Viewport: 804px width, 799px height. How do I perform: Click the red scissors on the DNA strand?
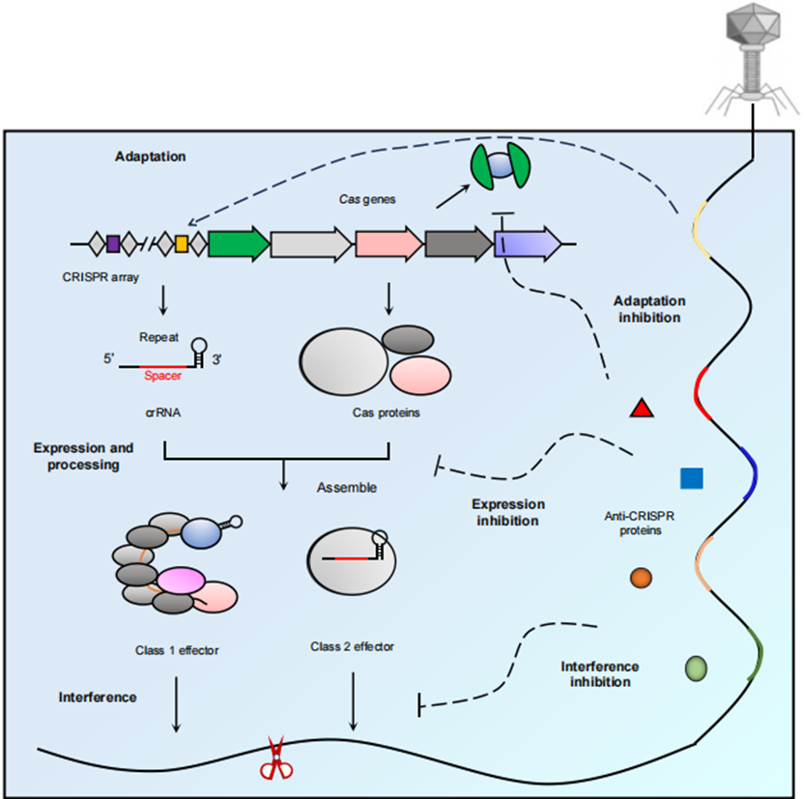276,757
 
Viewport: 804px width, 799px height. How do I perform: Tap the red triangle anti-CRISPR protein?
643,409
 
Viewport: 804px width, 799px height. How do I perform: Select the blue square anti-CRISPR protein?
691,477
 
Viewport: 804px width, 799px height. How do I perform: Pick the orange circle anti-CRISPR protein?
641,578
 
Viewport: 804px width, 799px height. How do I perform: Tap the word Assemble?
347,488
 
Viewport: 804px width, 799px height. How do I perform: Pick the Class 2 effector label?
351,645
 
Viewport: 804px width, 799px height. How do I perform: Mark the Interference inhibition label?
599,673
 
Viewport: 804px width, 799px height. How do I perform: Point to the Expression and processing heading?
83,456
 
